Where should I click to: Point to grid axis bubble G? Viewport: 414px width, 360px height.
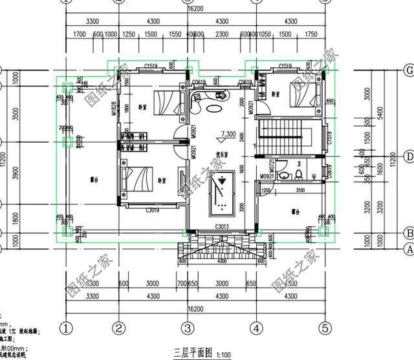click(x=408, y=70)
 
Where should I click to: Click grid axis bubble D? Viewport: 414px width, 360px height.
click(x=408, y=156)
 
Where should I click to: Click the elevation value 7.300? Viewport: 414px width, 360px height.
click(x=228, y=134)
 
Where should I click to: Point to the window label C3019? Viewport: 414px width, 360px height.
click(x=153, y=210)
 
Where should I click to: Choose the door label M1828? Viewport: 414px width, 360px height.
click(x=114, y=109)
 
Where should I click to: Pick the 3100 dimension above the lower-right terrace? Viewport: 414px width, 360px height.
click(x=300, y=190)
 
